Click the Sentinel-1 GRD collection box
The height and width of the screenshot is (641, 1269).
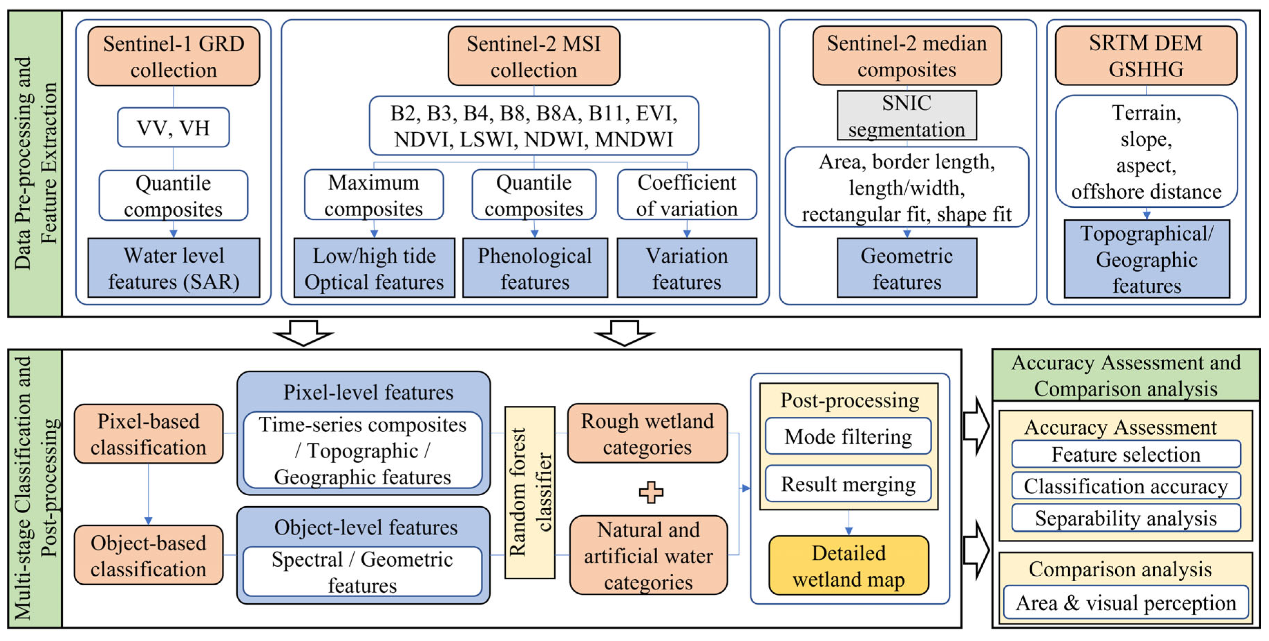(x=173, y=56)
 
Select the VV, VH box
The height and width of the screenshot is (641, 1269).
(x=173, y=128)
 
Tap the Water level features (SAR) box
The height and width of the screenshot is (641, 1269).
(x=173, y=268)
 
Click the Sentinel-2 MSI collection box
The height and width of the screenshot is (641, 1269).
(x=534, y=56)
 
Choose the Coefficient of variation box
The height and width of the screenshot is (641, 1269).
(x=687, y=195)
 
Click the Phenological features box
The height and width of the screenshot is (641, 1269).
(x=535, y=268)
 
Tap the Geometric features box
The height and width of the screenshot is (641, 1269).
(x=906, y=268)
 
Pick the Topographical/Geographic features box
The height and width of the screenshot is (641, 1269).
(x=1146, y=259)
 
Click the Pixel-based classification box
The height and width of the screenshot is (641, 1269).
(x=148, y=434)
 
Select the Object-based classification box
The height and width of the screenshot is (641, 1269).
(x=148, y=555)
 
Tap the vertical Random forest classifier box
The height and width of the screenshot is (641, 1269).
(x=530, y=492)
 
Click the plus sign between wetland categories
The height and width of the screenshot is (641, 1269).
(x=651, y=492)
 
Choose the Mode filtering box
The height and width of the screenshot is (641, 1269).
(x=848, y=436)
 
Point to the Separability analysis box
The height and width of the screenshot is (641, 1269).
(x=1126, y=518)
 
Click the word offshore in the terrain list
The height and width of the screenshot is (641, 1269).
(x=1101, y=192)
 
